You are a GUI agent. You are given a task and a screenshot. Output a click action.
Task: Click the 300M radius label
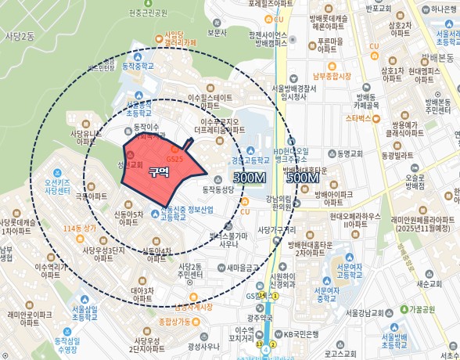click(x=249, y=178)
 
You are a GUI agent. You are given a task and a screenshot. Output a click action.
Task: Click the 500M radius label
click(x=302, y=178)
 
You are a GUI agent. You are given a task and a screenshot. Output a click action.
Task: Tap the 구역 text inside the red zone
click(x=159, y=171)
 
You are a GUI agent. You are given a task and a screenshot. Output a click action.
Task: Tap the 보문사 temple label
click(x=217, y=33)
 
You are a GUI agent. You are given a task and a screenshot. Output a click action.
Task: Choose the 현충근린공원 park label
click(x=149, y=13)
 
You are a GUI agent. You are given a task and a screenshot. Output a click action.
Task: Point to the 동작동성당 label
click(x=219, y=189)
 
